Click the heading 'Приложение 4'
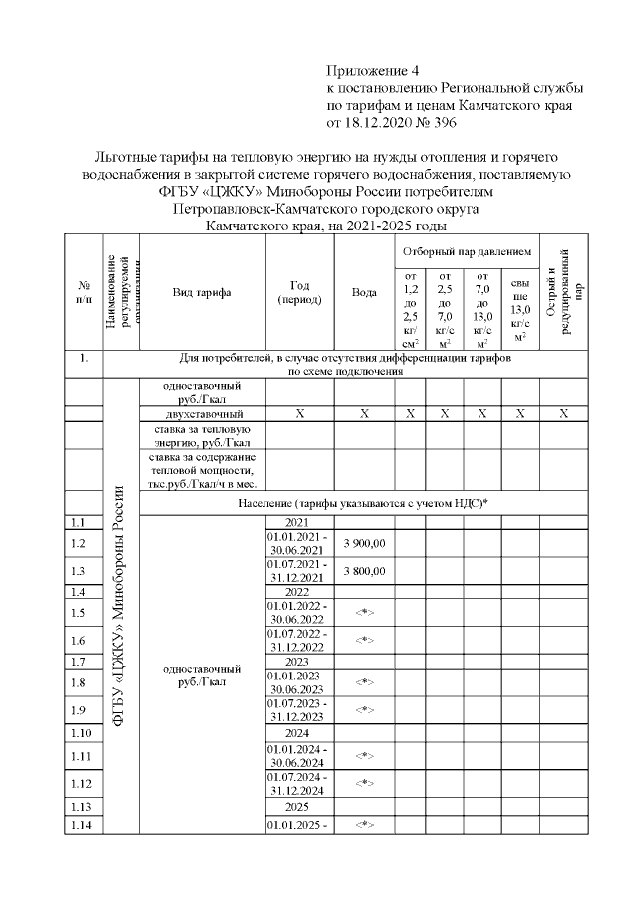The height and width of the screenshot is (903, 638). click(x=375, y=70)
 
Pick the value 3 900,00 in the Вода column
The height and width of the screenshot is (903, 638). click(x=364, y=543)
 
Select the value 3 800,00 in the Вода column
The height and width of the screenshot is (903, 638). click(x=364, y=570)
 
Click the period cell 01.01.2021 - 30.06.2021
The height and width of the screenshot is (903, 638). click(x=298, y=543)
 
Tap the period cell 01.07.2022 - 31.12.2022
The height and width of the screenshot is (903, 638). click(x=298, y=640)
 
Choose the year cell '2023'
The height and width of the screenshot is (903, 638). click(x=298, y=662)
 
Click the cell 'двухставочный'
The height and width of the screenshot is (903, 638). click(x=201, y=413)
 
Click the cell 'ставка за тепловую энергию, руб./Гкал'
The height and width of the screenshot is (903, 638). click(x=201, y=434)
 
